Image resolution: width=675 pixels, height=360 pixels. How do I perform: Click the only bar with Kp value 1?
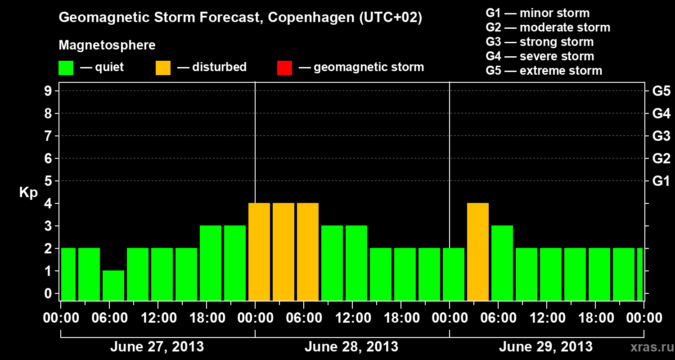point(113,285)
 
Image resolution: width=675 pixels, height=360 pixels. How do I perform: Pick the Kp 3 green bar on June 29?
point(502,263)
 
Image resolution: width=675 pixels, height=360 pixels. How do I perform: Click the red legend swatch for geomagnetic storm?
point(284,67)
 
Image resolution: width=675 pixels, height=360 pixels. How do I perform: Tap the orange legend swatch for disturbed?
point(163,67)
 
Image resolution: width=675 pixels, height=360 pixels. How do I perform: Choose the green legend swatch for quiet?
point(66,67)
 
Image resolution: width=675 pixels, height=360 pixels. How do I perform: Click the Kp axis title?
point(28,193)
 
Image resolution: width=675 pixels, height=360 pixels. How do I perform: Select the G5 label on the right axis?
point(661,91)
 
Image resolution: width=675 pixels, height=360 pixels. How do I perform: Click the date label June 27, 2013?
point(157,347)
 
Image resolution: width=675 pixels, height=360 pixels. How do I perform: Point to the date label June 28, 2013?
point(351,347)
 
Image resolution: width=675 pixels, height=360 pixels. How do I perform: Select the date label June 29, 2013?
point(545,347)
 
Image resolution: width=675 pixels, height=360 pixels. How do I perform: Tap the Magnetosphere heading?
point(107,45)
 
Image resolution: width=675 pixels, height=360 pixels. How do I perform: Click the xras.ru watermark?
point(649,347)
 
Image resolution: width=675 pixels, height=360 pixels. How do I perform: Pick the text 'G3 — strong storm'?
point(540,42)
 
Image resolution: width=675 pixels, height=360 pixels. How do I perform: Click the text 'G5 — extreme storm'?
point(544,71)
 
